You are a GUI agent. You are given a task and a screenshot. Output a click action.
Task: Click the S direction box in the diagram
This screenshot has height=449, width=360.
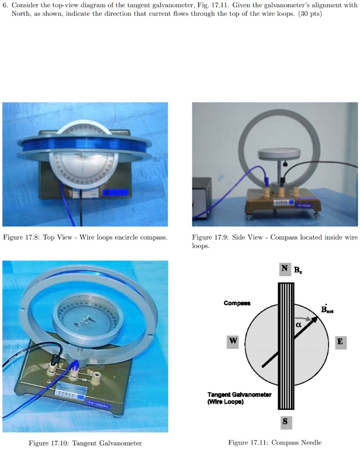click(x=285, y=422)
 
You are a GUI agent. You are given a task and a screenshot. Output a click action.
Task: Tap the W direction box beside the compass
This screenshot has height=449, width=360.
click(x=233, y=341)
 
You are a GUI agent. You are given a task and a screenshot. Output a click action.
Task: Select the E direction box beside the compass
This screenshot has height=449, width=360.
click(x=340, y=342)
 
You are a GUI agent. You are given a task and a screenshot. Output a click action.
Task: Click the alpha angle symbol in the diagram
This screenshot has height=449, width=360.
click(x=298, y=324)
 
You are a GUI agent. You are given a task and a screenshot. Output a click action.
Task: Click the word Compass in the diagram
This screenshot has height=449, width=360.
click(x=237, y=303)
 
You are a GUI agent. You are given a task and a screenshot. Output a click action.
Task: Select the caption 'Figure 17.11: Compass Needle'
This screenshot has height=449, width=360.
click(x=275, y=442)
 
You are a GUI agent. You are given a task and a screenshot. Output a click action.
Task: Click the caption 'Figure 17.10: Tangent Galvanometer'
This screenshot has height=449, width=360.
click(x=85, y=443)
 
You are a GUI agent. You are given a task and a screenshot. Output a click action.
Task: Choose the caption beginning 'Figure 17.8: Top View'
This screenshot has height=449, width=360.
click(x=85, y=237)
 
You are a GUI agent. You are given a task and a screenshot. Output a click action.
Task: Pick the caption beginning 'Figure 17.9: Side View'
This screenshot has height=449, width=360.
click(x=275, y=241)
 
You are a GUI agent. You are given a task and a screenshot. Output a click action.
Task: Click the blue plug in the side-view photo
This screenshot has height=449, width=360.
click(x=266, y=180)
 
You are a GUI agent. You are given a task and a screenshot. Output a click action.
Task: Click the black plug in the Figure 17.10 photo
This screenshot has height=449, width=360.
click(x=57, y=359)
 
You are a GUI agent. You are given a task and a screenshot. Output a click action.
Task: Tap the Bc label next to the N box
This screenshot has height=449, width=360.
click(x=298, y=270)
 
